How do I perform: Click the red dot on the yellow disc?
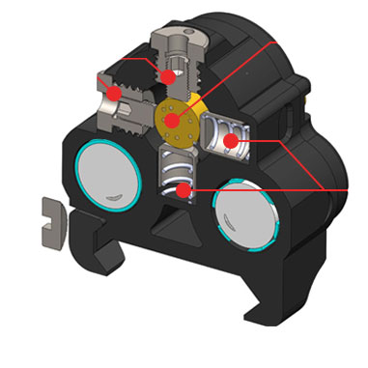tap(173, 121)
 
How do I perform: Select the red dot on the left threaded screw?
tap(114, 94)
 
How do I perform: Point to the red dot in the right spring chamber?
tap(231, 142)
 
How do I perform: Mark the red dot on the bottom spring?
tap(182, 189)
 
